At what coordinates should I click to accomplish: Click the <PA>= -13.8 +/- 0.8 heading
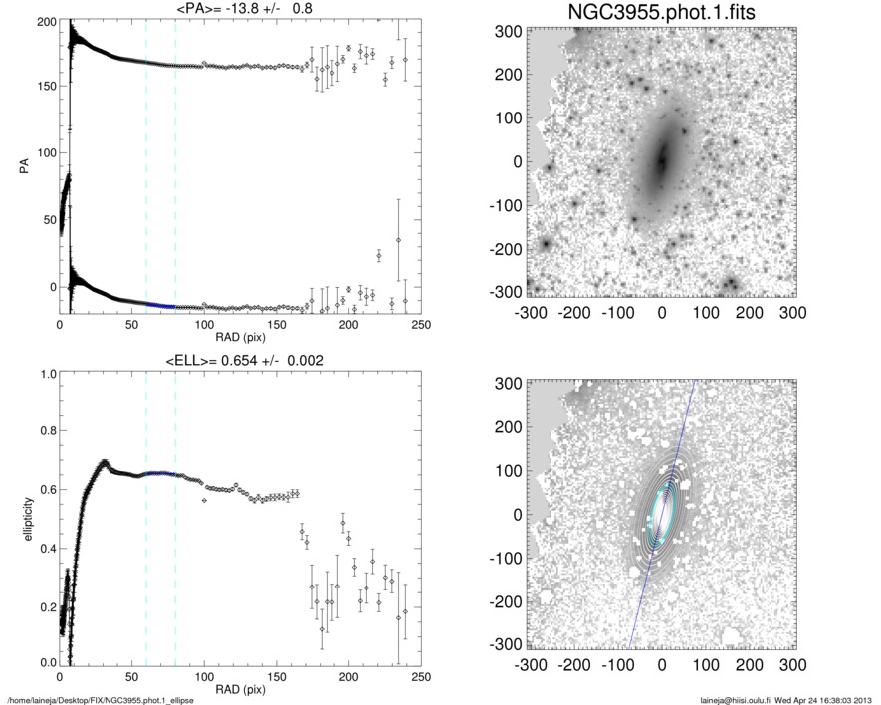pos(240,9)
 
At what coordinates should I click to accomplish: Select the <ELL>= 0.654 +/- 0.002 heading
pos(240,360)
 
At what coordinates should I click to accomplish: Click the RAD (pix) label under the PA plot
pos(240,338)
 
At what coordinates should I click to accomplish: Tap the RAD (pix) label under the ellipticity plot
pos(240,689)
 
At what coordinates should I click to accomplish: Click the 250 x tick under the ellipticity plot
pos(420,677)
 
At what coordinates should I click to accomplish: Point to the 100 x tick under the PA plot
pos(204,326)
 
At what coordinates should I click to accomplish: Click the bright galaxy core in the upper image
pos(660,159)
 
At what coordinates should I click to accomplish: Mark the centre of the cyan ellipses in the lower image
pos(661,513)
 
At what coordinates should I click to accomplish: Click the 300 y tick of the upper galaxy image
pos(510,33)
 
